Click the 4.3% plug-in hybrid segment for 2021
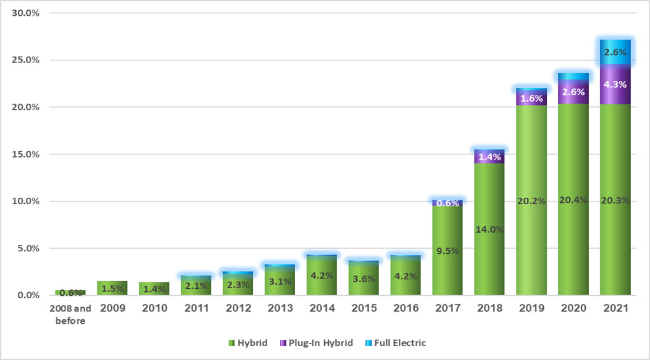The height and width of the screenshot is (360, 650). (x=615, y=84)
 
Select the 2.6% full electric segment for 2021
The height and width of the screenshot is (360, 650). (x=615, y=52)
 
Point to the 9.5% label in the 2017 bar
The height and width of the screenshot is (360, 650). (x=447, y=251)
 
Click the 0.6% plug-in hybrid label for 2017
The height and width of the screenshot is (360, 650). (x=447, y=204)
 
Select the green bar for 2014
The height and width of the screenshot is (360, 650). (x=321, y=276)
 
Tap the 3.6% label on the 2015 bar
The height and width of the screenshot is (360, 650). (x=363, y=279)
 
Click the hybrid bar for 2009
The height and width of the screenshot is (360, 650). (x=112, y=288)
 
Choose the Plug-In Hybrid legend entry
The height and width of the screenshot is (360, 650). (x=316, y=343)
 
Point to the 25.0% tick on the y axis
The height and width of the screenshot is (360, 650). (x=25, y=60)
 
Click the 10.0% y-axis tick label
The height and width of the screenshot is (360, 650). (x=25, y=201)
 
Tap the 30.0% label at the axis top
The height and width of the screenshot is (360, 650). (x=25, y=13)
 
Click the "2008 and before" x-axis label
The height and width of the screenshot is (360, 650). (x=70, y=314)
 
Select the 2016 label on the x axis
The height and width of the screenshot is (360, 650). (x=405, y=308)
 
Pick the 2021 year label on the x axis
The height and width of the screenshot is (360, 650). (x=615, y=308)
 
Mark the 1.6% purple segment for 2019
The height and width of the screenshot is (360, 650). (x=531, y=99)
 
